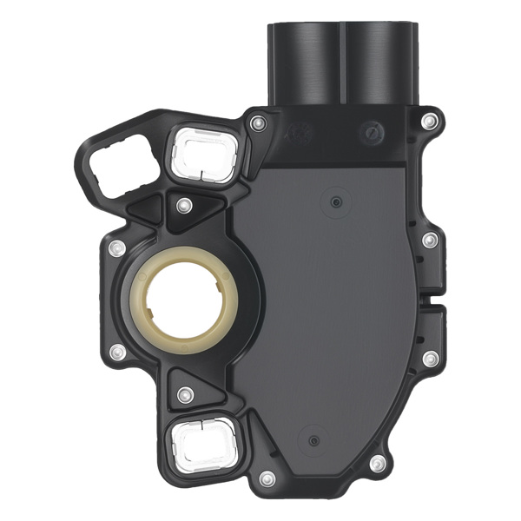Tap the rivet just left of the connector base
(257, 124)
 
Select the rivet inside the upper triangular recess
(183, 206)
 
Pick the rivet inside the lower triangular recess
(183, 394)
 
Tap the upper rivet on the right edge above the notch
(429, 240)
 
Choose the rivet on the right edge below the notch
(429, 358)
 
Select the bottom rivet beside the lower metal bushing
(267, 478)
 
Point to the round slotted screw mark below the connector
(373, 133)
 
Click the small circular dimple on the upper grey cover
(333, 201)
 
